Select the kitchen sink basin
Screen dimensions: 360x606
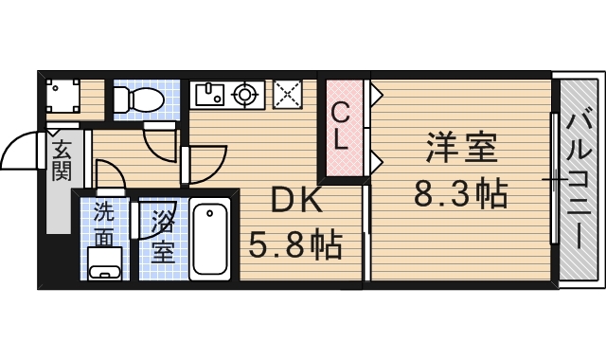click(x=207, y=94)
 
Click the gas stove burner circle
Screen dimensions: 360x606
click(x=245, y=94)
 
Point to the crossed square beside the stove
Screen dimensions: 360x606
click(x=286, y=94)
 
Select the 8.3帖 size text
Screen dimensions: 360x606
click(x=461, y=194)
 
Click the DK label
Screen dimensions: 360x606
click(x=297, y=202)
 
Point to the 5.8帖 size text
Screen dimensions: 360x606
click(x=295, y=246)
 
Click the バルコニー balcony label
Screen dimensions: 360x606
click(x=577, y=180)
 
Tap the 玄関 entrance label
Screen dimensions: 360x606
click(x=61, y=161)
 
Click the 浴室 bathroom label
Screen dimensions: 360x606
click(x=163, y=238)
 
